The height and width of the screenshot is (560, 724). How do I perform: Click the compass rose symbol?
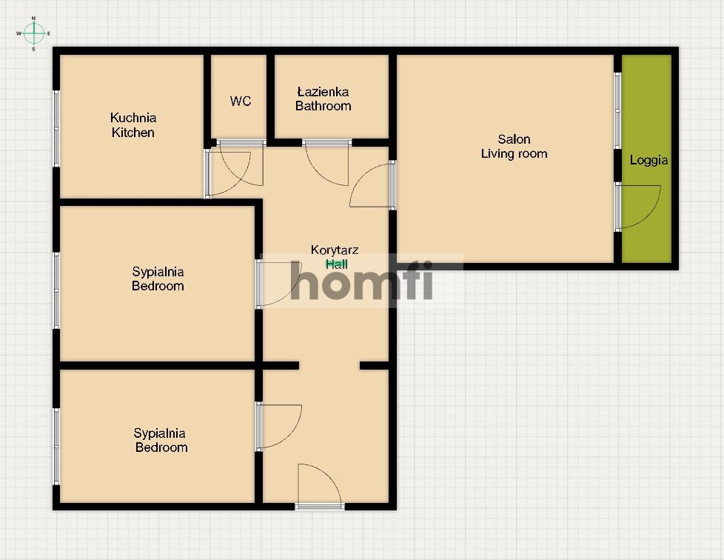tap(33, 33)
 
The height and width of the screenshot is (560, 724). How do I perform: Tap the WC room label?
tap(241, 101)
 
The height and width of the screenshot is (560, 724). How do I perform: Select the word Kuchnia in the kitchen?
tap(133, 118)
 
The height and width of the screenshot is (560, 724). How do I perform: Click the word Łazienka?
tap(323, 92)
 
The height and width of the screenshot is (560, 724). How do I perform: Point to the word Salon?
tap(514, 139)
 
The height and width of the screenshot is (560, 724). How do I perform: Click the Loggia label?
tap(648, 160)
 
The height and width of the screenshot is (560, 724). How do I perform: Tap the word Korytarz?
tap(335, 250)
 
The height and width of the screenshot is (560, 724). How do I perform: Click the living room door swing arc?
tap(372, 186)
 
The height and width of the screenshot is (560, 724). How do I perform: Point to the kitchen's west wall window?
tap(56, 128)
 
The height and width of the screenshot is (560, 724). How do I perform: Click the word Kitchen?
tap(133, 133)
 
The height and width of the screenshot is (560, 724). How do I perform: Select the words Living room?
tap(514, 154)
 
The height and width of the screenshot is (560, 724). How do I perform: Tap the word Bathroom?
tap(323, 106)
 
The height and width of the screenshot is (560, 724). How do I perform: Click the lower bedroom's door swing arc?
tap(280, 426)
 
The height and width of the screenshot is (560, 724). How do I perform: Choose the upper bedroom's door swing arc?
tap(278, 283)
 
